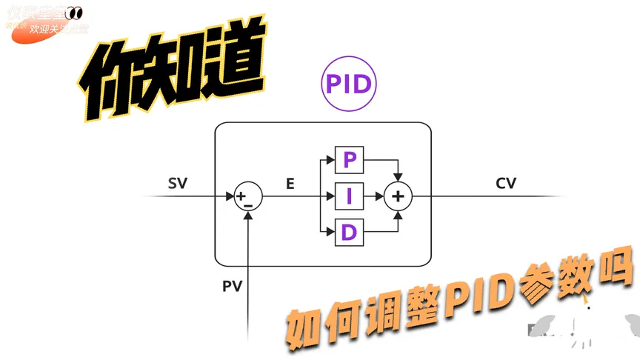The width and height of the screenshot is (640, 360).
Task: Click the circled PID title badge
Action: [x=348, y=84]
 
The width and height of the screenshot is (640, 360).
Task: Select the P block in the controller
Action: [x=350, y=160]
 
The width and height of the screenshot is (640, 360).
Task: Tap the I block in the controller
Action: [x=350, y=196]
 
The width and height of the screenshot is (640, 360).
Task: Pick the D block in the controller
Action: [x=350, y=233]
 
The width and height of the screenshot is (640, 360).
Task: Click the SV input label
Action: [x=178, y=183]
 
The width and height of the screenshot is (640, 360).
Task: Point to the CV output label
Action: [x=506, y=183]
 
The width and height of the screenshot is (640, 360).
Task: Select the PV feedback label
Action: [x=233, y=284]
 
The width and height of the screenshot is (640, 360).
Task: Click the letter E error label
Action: [x=290, y=183]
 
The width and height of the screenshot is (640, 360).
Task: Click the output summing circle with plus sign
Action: [x=399, y=196]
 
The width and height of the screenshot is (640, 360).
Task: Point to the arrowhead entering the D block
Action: [x=331, y=233]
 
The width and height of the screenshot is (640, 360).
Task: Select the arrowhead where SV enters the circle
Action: [x=230, y=197]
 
